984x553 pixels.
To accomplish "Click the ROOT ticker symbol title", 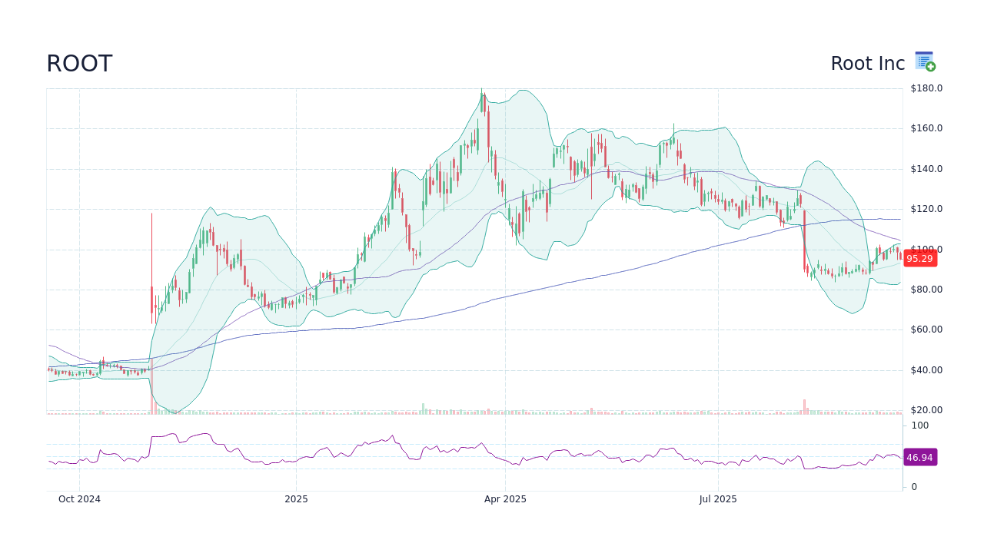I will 79,64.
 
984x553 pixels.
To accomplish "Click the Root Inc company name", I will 867,64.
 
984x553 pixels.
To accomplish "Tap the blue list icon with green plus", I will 925,61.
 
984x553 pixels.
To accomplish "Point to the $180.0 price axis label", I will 926,88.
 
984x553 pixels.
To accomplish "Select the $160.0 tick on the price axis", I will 926,128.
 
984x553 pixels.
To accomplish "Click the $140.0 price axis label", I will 926,169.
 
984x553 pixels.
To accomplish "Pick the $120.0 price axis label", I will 926,209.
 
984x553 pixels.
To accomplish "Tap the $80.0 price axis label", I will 926,290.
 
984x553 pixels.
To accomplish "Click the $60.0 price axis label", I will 926,329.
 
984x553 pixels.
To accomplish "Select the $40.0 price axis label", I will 926,370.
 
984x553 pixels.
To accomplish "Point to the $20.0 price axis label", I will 926,410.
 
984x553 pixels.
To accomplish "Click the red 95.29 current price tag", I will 919,259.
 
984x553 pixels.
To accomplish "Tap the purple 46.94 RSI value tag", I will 919,458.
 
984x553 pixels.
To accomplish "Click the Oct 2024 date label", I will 79,499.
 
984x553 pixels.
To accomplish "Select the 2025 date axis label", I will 296,499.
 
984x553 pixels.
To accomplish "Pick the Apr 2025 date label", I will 505,499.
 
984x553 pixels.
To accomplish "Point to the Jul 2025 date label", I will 718,499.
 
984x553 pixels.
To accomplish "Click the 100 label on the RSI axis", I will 920,426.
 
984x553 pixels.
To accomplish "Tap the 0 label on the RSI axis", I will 914,487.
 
